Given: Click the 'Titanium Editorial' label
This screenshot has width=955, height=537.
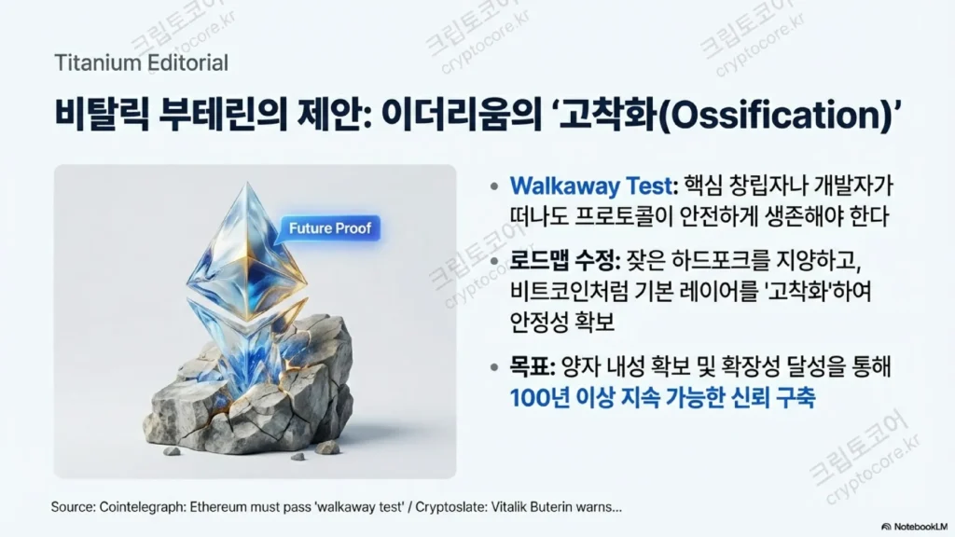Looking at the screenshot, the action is click(142, 62).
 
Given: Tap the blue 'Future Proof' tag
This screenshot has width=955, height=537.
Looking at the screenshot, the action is click(329, 228).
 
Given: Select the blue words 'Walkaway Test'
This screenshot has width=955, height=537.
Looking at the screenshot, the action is click(590, 186).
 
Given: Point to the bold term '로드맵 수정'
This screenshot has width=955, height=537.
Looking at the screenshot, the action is click(564, 261).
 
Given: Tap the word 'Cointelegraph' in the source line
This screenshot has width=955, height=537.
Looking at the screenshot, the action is click(142, 506).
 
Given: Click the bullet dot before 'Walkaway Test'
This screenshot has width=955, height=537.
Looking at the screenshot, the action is click(494, 186).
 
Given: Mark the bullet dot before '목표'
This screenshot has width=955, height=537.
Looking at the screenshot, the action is click(494, 367).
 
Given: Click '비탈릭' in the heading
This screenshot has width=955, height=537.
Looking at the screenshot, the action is click(102, 113).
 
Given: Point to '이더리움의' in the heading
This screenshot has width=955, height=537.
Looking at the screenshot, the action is click(461, 113).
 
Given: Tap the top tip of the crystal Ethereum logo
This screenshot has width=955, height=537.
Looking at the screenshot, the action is click(247, 182).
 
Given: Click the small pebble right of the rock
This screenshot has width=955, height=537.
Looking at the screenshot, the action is click(327, 447).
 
